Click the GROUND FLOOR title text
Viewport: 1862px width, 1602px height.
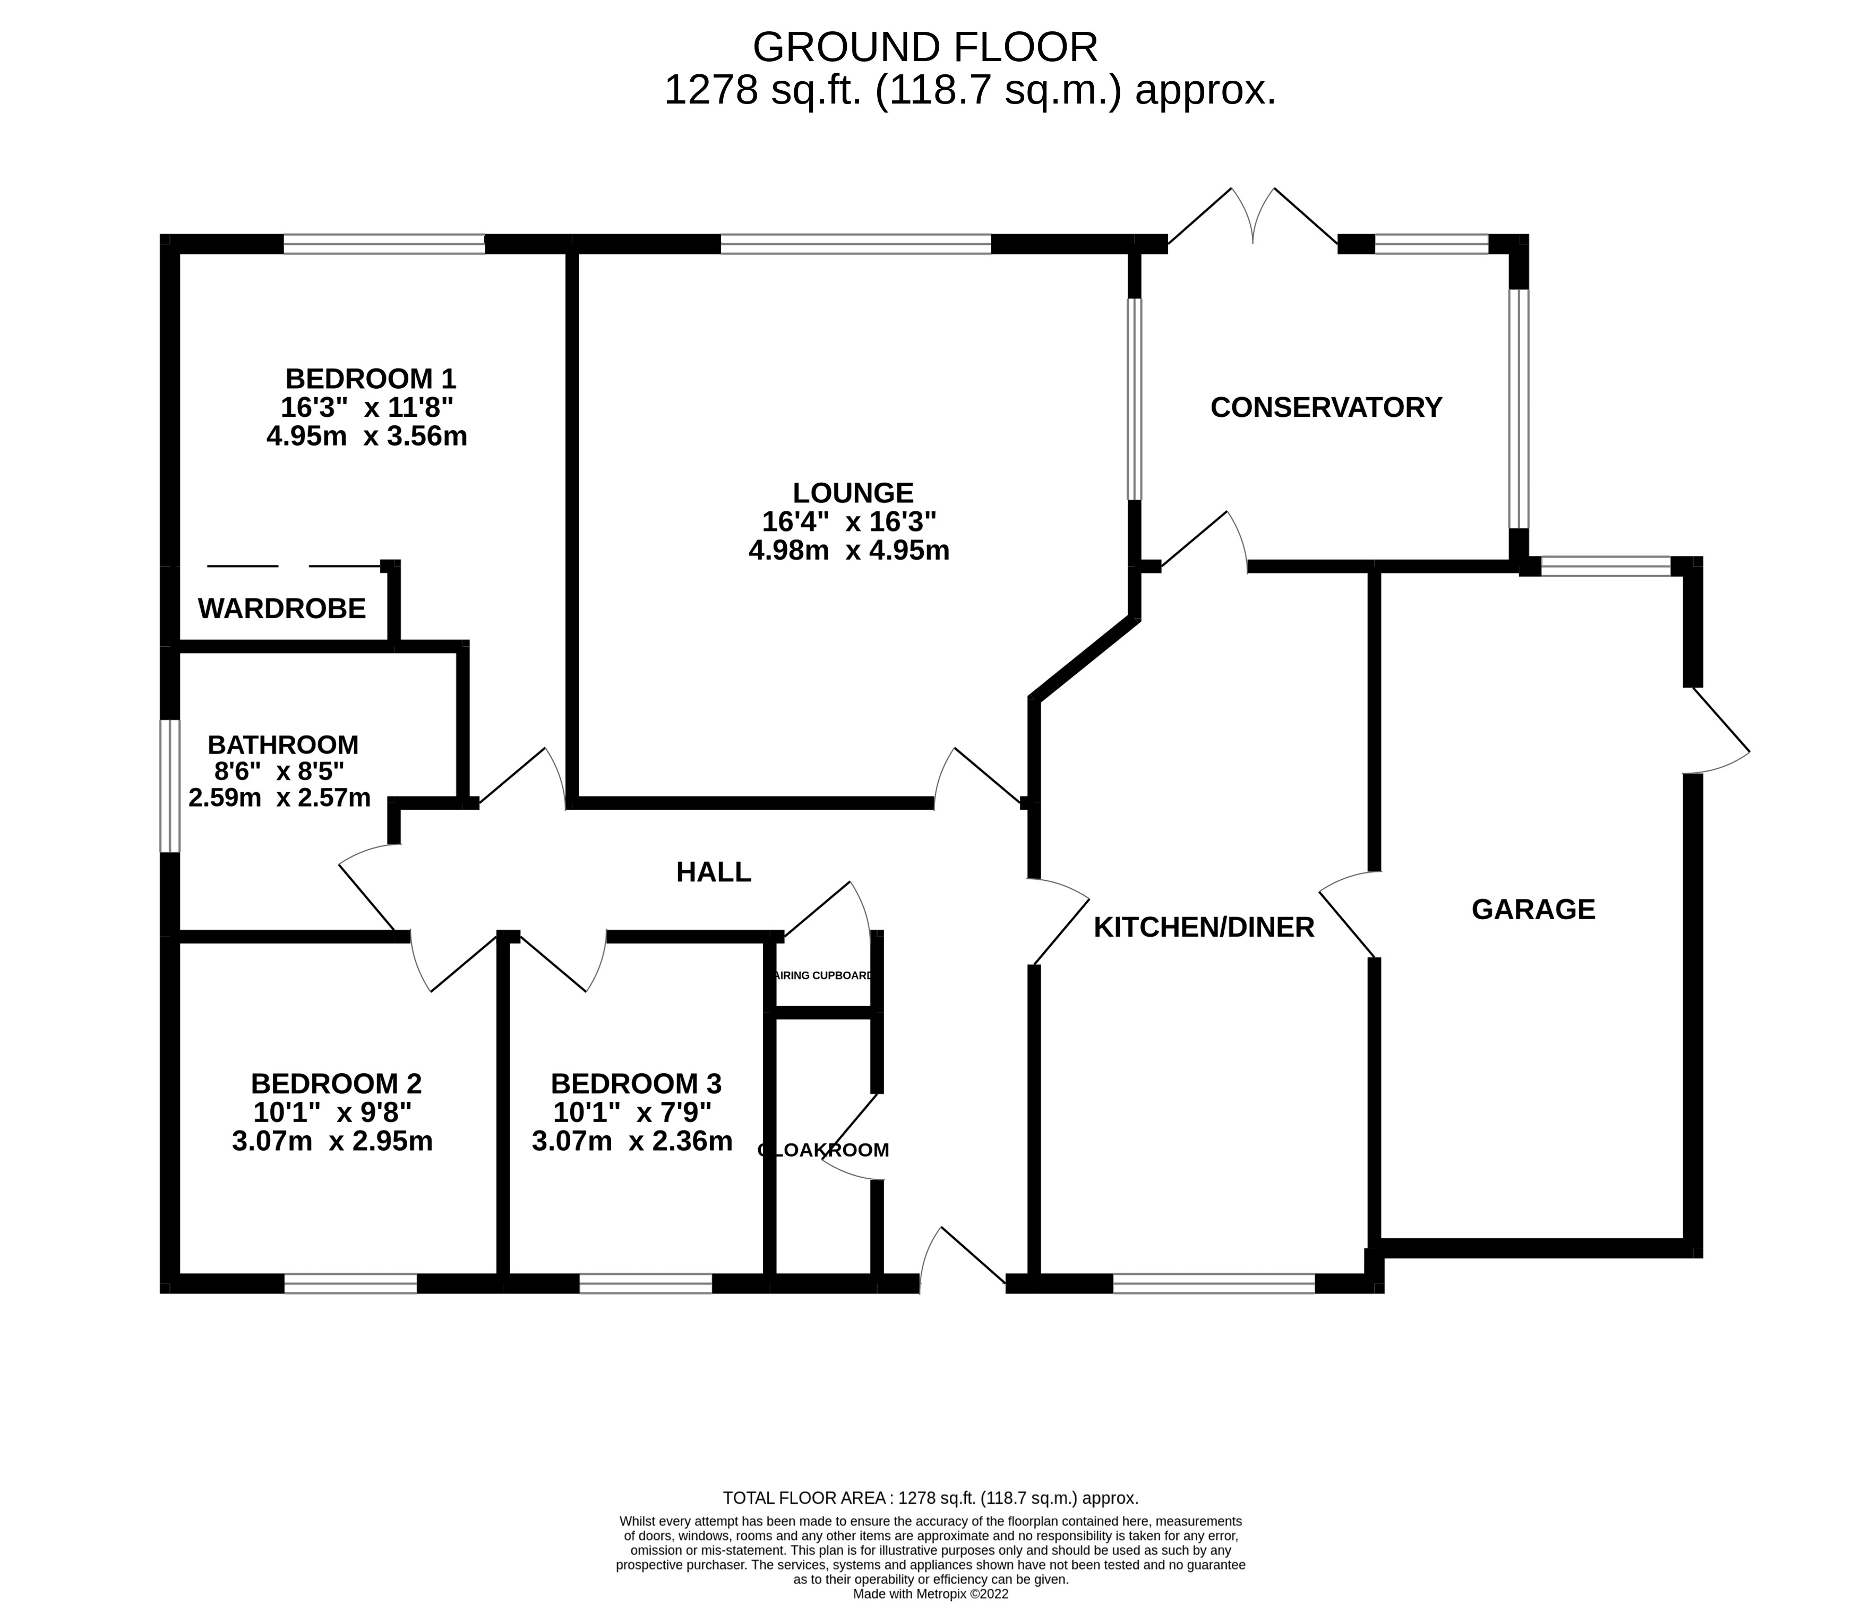(x=925, y=47)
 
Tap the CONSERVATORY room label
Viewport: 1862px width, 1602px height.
(x=1326, y=407)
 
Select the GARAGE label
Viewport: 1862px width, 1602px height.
(x=1533, y=909)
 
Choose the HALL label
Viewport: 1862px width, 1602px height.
(x=714, y=871)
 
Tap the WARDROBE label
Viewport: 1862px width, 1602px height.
(x=281, y=609)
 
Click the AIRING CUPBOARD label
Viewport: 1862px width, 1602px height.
(x=822, y=975)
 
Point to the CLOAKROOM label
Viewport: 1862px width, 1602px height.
(x=823, y=1150)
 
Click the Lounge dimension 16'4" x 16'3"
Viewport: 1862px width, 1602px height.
(x=849, y=521)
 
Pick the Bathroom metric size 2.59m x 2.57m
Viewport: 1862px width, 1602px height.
(x=279, y=798)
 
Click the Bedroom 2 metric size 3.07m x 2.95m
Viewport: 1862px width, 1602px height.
(x=332, y=1141)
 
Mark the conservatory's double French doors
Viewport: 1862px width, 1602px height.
(x=1252, y=218)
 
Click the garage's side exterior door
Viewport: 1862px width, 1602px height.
(x=1717, y=731)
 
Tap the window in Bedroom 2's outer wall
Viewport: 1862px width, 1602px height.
(x=350, y=1284)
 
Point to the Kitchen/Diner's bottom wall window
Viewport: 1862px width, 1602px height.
(x=1213, y=1284)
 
